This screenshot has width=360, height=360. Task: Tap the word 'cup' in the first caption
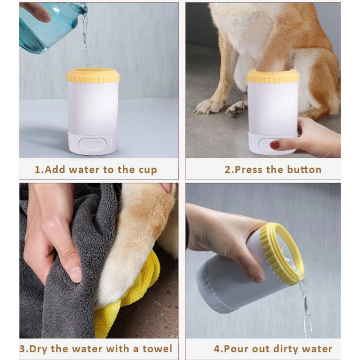[147, 171]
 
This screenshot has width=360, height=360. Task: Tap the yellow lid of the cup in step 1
[93, 76]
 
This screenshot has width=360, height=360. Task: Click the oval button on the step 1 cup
[93, 144]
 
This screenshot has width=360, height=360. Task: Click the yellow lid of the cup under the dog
[273, 76]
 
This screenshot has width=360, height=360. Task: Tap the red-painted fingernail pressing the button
[275, 145]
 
